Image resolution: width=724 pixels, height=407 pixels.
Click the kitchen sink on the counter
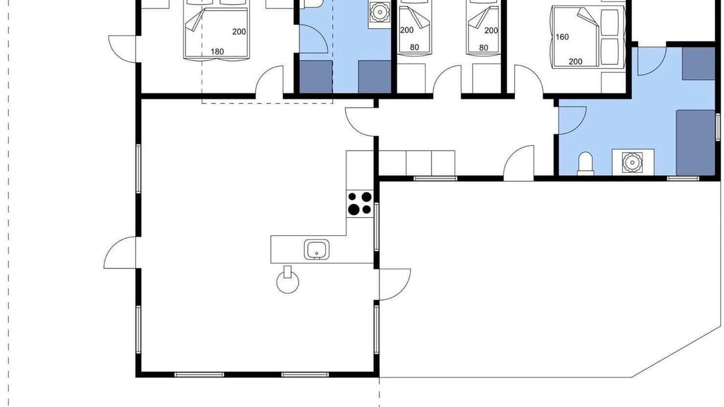[x=317, y=249]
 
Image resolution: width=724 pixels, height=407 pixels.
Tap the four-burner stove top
[x=360, y=204]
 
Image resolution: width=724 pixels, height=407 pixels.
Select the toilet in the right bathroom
[x=585, y=164]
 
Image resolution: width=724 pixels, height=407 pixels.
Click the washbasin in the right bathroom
[x=632, y=162]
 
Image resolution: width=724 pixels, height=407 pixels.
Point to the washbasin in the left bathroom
[x=380, y=12]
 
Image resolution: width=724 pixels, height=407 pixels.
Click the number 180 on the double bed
[x=217, y=51]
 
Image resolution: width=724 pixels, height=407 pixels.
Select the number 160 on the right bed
[x=562, y=37]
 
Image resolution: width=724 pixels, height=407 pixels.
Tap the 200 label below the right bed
[x=575, y=62]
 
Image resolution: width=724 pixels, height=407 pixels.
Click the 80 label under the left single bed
[x=415, y=47]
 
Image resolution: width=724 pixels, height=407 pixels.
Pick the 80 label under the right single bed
[x=484, y=48]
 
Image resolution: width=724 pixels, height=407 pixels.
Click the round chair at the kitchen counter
[x=288, y=282]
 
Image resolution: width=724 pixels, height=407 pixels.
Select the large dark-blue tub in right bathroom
[x=696, y=142]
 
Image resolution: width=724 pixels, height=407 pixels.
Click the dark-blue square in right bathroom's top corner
[x=699, y=64]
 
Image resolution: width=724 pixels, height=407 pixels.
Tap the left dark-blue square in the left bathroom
[x=316, y=77]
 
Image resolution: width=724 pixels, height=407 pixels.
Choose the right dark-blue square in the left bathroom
[x=374, y=77]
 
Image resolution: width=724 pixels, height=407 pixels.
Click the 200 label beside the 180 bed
[x=239, y=32]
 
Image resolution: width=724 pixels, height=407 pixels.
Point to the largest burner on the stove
[x=354, y=210]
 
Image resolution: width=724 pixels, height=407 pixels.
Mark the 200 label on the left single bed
[x=407, y=30]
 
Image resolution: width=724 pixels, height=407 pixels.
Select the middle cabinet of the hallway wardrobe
[x=419, y=163]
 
